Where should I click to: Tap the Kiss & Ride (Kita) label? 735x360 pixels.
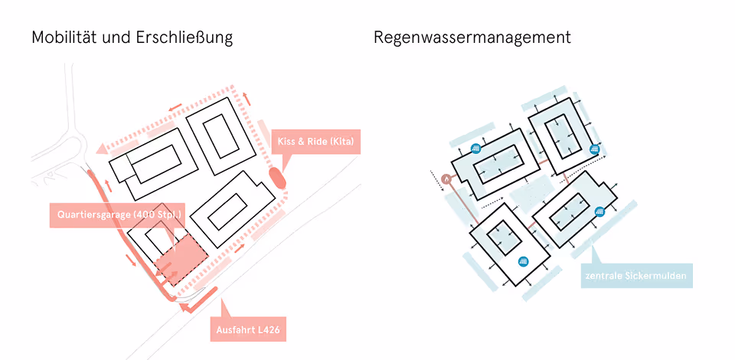pyautogui.click(x=315, y=142)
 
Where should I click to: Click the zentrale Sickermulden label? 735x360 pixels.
pyautogui.click(x=635, y=276)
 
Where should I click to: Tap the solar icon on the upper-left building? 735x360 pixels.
pyautogui.click(x=475, y=149)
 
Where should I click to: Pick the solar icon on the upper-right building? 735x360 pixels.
pyautogui.click(x=596, y=149)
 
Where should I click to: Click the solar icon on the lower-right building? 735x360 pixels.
pyautogui.click(x=600, y=211)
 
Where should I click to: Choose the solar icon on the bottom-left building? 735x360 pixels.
pyautogui.click(x=524, y=261)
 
